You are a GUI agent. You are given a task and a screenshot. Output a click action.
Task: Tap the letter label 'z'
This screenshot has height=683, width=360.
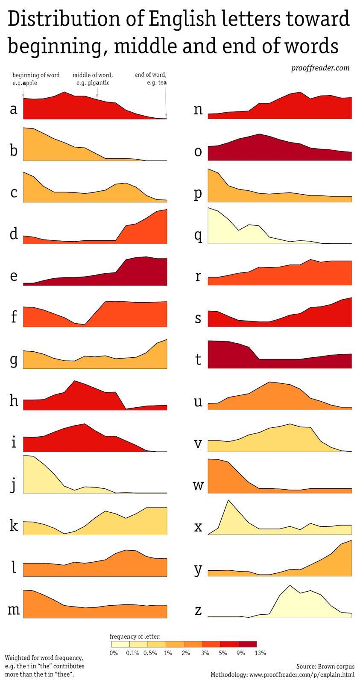point(198,610)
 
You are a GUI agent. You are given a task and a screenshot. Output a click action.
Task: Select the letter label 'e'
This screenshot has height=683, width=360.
point(14,276)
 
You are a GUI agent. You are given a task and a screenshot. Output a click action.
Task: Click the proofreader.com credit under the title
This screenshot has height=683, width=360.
point(320,67)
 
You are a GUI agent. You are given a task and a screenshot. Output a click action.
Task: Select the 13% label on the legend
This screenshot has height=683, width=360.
point(260,653)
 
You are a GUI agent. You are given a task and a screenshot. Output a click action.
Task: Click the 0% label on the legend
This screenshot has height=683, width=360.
point(114,653)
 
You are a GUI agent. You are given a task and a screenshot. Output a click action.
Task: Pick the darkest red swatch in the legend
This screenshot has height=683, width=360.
point(248,644)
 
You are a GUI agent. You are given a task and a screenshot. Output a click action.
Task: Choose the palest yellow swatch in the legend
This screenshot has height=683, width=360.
point(120,644)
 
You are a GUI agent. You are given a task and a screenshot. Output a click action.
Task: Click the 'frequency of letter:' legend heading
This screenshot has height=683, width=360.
point(135,636)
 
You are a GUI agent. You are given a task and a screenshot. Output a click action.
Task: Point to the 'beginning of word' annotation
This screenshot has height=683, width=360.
point(36,75)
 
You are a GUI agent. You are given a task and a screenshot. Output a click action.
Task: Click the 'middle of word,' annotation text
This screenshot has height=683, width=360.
point(93,75)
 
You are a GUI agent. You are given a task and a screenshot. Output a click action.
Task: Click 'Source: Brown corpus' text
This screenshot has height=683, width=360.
point(325,666)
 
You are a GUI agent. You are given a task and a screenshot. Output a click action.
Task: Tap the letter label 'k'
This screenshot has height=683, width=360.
point(14,525)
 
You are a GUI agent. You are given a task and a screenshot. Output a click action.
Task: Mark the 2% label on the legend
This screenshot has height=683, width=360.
point(187,653)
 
